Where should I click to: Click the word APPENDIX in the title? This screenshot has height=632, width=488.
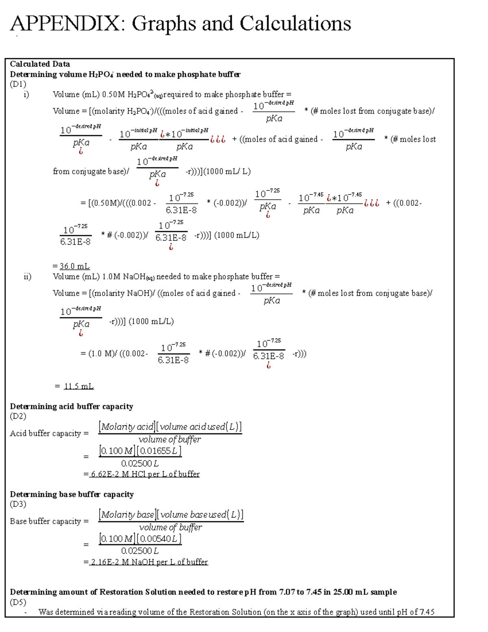[x=65, y=23]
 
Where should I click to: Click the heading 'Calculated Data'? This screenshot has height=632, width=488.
[x=40, y=64]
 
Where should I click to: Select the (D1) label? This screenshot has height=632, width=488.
[x=18, y=84]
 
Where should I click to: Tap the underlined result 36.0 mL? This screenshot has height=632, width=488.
[x=74, y=266]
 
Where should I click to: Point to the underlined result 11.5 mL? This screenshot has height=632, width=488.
[x=78, y=386]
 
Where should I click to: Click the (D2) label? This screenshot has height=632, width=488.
[x=18, y=416]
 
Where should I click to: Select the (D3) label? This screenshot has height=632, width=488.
[x=18, y=504]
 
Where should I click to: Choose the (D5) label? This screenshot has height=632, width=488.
[x=18, y=602]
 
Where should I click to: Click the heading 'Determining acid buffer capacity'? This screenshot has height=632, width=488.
[x=72, y=407]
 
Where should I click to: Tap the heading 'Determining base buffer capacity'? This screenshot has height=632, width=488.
[x=72, y=494]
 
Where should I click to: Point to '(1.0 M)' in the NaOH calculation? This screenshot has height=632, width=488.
[x=101, y=354]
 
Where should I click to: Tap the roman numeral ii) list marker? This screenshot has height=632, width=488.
[x=27, y=277]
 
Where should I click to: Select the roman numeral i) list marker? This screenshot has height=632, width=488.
[x=26, y=94]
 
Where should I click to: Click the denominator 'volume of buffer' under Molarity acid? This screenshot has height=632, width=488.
[x=170, y=440]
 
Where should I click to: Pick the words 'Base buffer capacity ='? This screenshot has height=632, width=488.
[x=49, y=521]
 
